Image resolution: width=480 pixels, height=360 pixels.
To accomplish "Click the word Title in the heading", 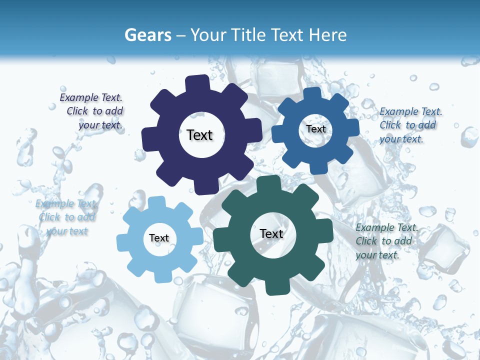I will click(x=250, y=35).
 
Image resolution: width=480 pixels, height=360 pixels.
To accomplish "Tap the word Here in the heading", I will click(x=327, y=35).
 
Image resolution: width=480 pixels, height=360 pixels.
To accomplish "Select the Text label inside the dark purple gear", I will click(x=199, y=135).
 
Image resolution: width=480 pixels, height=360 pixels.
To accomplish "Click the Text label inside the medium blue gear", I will click(x=316, y=129).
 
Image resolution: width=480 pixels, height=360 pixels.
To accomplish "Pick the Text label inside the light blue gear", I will click(x=159, y=238).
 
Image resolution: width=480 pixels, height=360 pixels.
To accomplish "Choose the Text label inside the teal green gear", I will click(x=271, y=234).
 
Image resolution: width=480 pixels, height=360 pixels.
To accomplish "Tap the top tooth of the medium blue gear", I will click(x=312, y=93).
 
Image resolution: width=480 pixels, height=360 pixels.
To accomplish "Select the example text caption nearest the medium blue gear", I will click(x=410, y=125).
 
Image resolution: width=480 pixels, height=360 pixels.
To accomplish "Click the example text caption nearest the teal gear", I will click(x=386, y=241).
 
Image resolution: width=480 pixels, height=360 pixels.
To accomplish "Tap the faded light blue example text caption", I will click(x=66, y=217).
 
